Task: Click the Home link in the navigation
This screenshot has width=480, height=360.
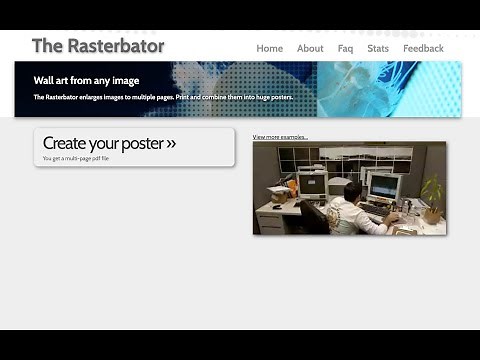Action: [x=269, y=48]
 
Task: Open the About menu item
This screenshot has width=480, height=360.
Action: [x=310, y=48]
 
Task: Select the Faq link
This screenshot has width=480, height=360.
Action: [x=345, y=48]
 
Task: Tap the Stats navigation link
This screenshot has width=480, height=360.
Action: [x=378, y=48]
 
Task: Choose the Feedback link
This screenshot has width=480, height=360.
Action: [x=423, y=48]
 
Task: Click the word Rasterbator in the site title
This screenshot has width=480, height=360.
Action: [x=112, y=46]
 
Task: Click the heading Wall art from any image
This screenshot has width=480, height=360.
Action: [x=86, y=80]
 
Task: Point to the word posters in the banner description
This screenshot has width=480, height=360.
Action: [x=276, y=97]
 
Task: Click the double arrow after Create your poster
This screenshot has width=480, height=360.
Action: [x=171, y=144]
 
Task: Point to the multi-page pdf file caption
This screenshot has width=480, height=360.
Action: [x=76, y=158]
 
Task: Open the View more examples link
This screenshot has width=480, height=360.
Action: [x=280, y=137]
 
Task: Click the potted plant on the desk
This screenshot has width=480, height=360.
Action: [x=432, y=193]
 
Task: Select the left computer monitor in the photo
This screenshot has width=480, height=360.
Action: [x=312, y=184]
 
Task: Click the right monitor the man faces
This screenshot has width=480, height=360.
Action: [x=383, y=186]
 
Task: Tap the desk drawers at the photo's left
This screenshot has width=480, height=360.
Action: [x=269, y=222]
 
